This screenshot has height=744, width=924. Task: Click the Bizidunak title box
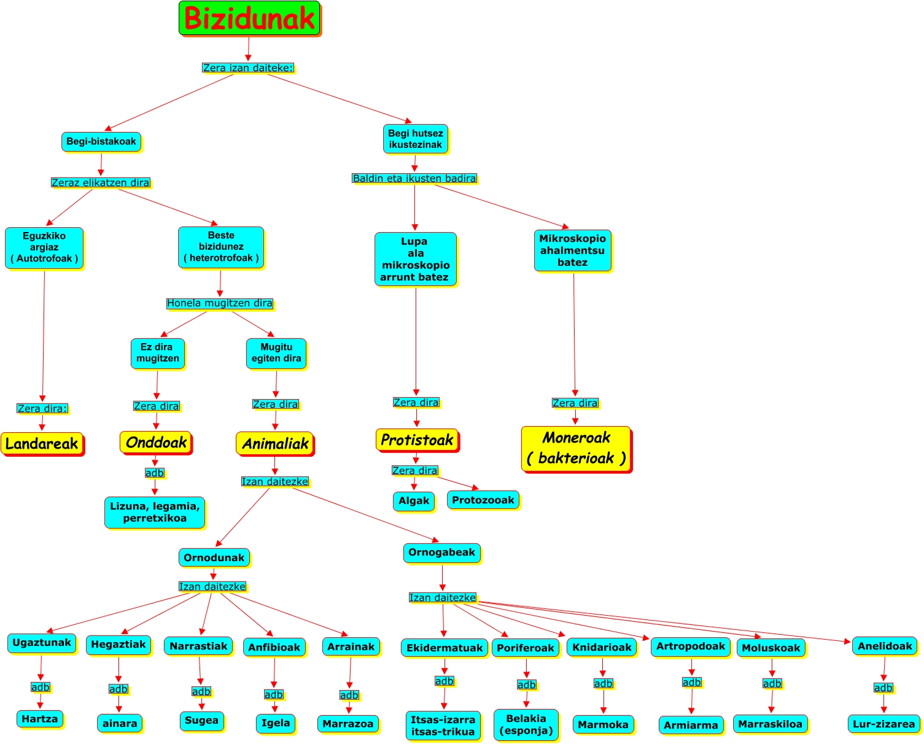(x=249, y=18)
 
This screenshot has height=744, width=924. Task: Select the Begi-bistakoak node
(x=101, y=142)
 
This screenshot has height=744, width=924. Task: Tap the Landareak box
(x=42, y=443)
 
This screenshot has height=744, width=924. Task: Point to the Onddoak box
(x=156, y=442)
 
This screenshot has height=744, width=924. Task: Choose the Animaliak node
(x=275, y=443)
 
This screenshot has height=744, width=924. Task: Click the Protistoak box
(x=417, y=440)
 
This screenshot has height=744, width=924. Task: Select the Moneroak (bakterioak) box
(x=577, y=449)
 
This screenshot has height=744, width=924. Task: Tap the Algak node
(x=413, y=500)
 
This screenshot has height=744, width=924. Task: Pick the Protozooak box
(x=483, y=500)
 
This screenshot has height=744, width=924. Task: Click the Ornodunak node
(x=214, y=557)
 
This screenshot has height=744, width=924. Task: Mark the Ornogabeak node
(x=442, y=552)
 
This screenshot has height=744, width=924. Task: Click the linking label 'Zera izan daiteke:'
(x=248, y=68)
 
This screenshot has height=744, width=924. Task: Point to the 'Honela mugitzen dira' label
(x=219, y=303)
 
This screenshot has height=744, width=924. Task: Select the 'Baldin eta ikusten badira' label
(x=414, y=178)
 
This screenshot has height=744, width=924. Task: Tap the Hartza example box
(x=39, y=719)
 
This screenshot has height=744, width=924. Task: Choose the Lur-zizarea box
(x=883, y=724)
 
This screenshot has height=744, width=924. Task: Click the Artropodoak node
(x=691, y=646)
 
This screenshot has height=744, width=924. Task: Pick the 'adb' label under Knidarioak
(x=604, y=683)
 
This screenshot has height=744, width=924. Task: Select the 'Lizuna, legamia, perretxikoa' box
(x=155, y=512)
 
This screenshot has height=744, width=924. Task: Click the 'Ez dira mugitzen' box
(x=158, y=354)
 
